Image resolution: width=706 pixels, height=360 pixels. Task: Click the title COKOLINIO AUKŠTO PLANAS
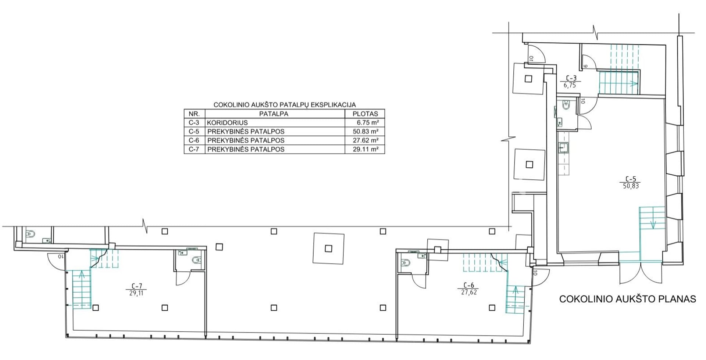pyautogui.click(x=627, y=299)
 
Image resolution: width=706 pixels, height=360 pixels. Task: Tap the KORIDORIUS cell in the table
pyautogui.click(x=227, y=123)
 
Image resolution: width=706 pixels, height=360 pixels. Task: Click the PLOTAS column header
pyautogui.click(x=365, y=114)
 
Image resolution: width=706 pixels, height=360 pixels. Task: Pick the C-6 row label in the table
pyautogui.click(x=194, y=140)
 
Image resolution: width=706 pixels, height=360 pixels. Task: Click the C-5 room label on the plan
pyautogui.click(x=631, y=183)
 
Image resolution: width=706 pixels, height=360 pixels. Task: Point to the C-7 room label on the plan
pyautogui.click(x=136, y=290)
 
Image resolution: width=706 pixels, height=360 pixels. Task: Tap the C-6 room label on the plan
pyautogui.click(x=469, y=289)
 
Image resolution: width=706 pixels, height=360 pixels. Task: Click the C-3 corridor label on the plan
pyautogui.click(x=571, y=82)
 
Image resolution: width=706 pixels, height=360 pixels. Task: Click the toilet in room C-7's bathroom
pyautogui.click(x=197, y=260)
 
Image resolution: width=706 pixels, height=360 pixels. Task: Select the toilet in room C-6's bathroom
pyautogui.click(x=406, y=263)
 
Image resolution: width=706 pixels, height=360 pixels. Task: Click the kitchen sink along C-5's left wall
pyautogui.click(x=563, y=148)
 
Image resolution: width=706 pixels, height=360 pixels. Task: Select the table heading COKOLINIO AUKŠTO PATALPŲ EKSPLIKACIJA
pyautogui.click(x=285, y=105)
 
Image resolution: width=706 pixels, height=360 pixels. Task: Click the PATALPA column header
pyautogui.click(x=274, y=114)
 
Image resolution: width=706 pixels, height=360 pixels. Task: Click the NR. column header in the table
pyautogui.click(x=194, y=114)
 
